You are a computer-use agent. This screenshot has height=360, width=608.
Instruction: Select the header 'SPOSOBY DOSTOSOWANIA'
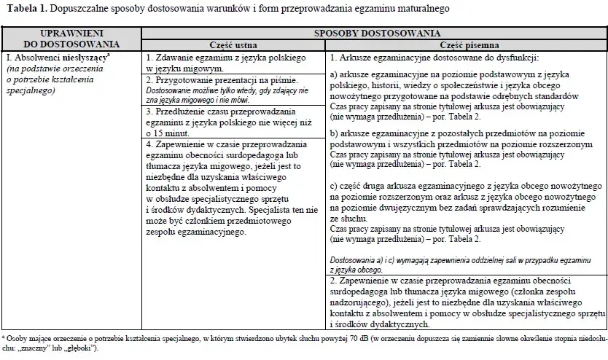(377, 33)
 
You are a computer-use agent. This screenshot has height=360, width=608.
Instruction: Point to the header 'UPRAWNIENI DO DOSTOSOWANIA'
(71, 39)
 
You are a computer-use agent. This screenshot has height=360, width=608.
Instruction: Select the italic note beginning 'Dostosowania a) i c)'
(448, 260)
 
